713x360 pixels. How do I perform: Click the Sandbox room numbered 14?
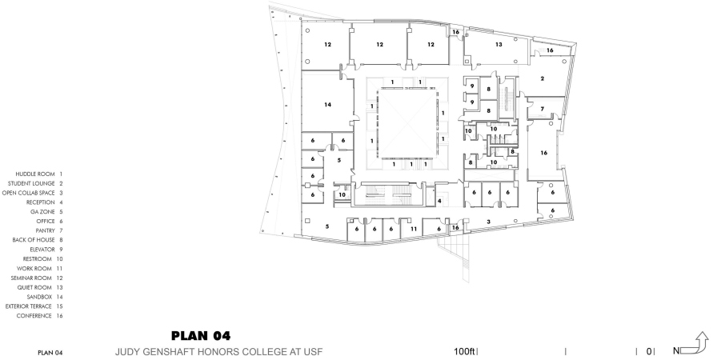[x=327, y=105]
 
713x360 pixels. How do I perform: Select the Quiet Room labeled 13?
[x=499, y=45]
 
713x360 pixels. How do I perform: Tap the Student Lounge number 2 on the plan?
[x=542, y=78]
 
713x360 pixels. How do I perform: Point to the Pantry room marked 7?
[x=542, y=109]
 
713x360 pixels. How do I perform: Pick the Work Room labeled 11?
[x=414, y=229]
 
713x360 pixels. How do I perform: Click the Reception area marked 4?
[x=439, y=201]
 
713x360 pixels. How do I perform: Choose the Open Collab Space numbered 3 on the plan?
[x=489, y=222]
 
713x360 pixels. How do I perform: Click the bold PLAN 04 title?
[x=201, y=336]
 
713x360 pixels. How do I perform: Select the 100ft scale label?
[x=464, y=351]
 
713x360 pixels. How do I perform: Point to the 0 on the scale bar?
[x=649, y=351]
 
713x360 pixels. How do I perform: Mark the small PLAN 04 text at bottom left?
[x=50, y=353]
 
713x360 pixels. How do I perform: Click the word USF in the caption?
[x=314, y=352]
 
